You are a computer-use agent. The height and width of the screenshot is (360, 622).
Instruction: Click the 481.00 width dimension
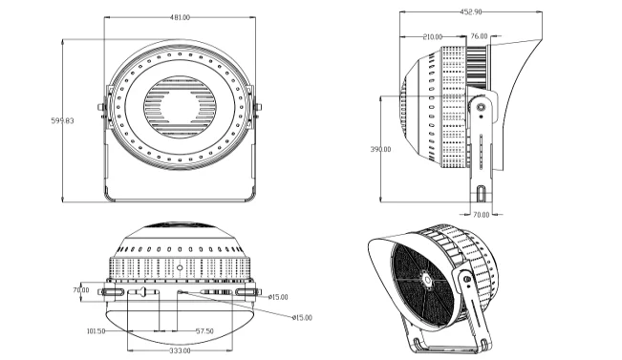coord(180,17)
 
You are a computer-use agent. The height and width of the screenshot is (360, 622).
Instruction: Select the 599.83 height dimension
coord(62,120)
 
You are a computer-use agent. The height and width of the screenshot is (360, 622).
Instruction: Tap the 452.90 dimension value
coord(471,11)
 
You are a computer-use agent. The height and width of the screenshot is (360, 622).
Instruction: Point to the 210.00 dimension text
coord(433,37)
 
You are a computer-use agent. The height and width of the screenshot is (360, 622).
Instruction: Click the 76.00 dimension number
coord(479,36)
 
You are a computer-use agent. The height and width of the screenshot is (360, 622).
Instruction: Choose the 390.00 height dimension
coord(380,149)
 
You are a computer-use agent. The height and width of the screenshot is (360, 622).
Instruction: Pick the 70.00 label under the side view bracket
coord(482,215)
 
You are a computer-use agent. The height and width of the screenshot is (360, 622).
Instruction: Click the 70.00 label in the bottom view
coord(81,290)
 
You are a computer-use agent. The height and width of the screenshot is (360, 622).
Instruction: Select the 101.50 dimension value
coord(96,331)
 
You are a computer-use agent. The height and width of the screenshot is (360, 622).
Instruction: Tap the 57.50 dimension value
coord(204,331)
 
